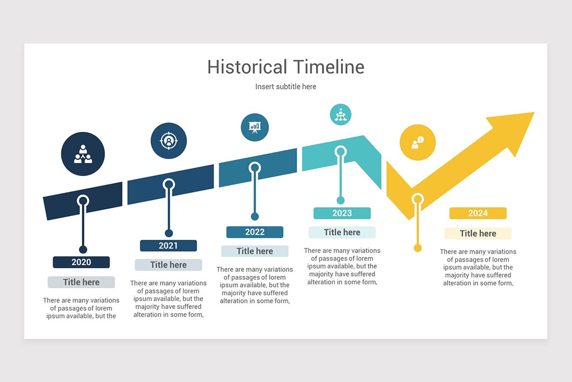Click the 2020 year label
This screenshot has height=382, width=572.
click(x=81, y=262)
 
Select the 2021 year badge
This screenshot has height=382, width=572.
click(x=168, y=245)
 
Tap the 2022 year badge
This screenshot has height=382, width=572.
click(x=255, y=232)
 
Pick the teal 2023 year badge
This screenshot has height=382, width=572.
click(x=342, y=213)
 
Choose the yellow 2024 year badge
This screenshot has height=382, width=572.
click(x=478, y=213)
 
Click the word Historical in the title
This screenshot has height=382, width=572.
click(x=247, y=67)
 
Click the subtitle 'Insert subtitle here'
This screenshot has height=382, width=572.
click(x=286, y=86)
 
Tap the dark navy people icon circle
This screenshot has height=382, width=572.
click(x=83, y=154)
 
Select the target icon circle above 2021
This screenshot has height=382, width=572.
click(x=169, y=140)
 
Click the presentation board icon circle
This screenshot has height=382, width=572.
click(x=255, y=127)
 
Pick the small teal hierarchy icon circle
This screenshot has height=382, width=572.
click(x=341, y=114)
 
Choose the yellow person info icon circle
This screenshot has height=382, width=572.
click(x=418, y=142)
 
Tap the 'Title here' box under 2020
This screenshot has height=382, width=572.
click(x=81, y=282)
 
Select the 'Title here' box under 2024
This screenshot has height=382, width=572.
click(x=478, y=233)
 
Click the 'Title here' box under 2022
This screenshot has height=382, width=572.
click(x=255, y=251)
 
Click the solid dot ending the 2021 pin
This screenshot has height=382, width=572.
click(x=169, y=233)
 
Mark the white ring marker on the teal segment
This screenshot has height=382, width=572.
click(x=340, y=151)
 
